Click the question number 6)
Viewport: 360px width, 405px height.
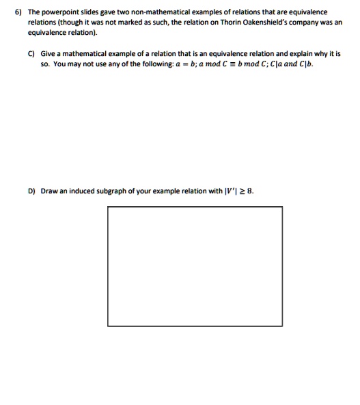pyautogui.click(x=11, y=12)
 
